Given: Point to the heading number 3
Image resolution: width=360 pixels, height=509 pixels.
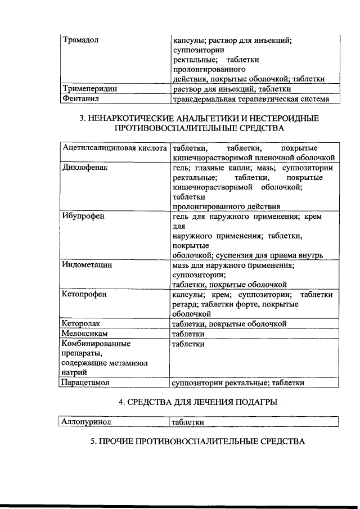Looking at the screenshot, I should (82, 119).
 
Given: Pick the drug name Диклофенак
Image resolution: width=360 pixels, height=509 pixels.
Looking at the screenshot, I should (85, 168).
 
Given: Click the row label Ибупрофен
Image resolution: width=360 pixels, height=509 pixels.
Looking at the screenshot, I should (84, 216).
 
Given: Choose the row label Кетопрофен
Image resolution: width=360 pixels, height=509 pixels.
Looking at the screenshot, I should (85, 294).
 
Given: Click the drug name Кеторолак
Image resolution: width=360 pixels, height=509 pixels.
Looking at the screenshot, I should (84, 323).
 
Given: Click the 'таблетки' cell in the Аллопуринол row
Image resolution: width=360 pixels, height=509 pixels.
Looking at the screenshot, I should (188, 422).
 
